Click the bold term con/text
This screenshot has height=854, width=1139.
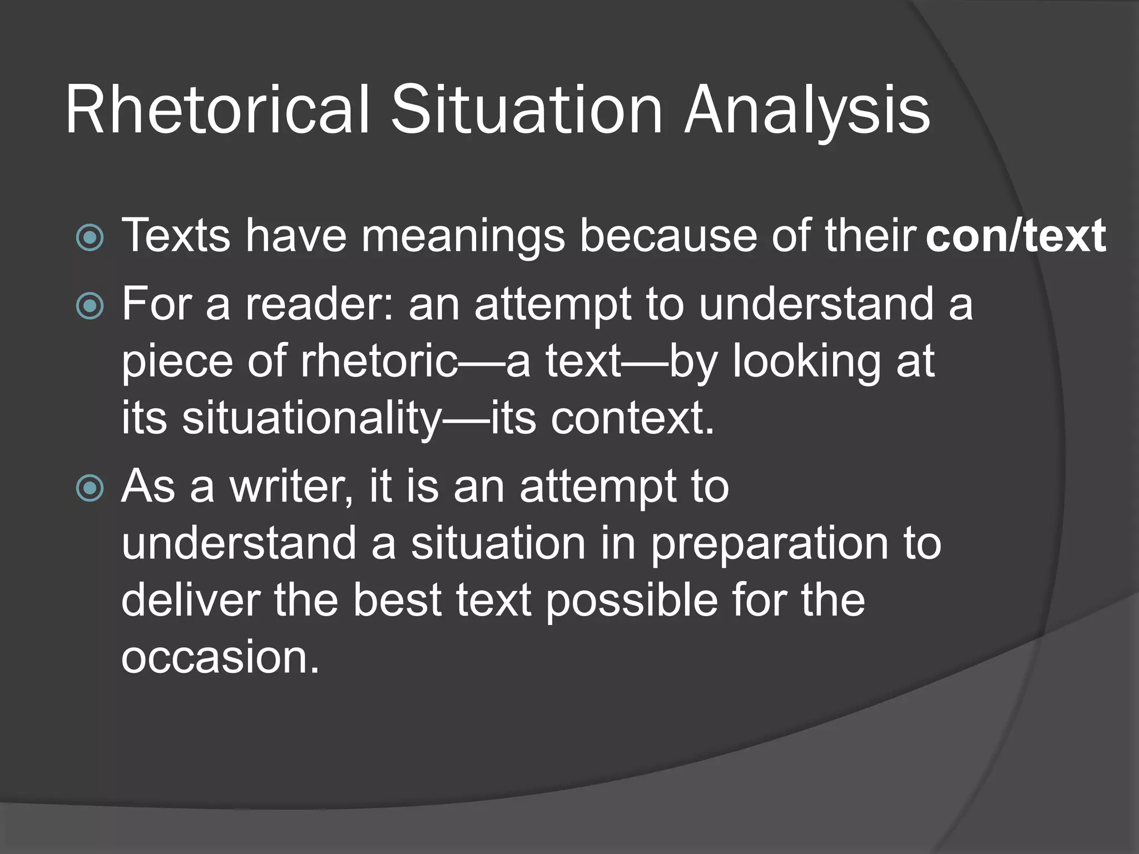(x=1016, y=236)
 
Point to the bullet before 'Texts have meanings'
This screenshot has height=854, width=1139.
(x=90, y=238)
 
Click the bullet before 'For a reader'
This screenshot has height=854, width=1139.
(x=90, y=306)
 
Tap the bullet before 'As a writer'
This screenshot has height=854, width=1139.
(x=90, y=488)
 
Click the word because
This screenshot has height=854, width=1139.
(x=668, y=236)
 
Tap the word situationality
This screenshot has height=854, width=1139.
(x=311, y=418)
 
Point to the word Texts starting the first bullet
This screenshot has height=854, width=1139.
(x=176, y=236)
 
